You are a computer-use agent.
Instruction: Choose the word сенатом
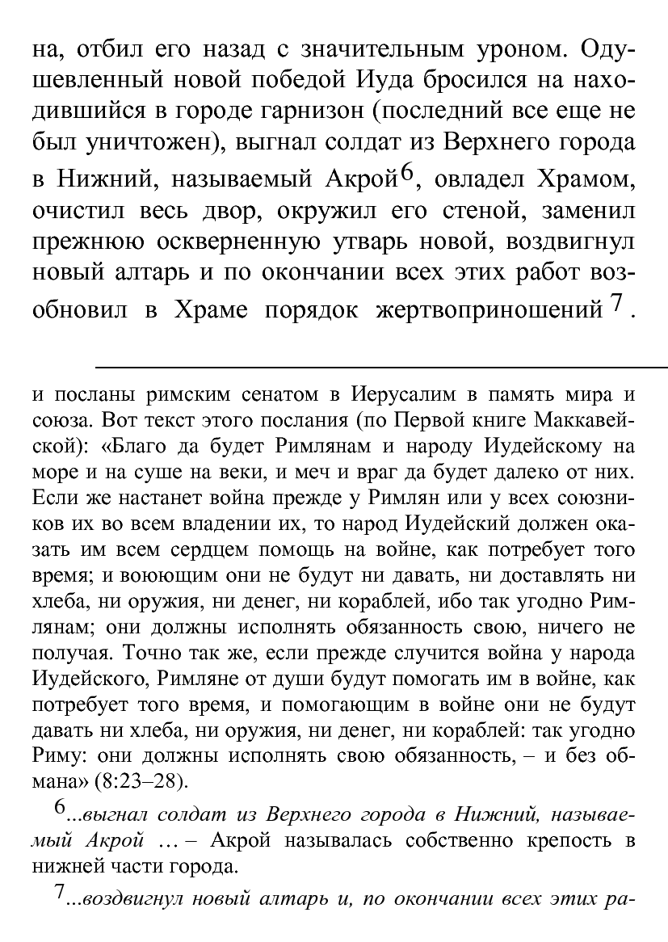(x=282, y=396)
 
